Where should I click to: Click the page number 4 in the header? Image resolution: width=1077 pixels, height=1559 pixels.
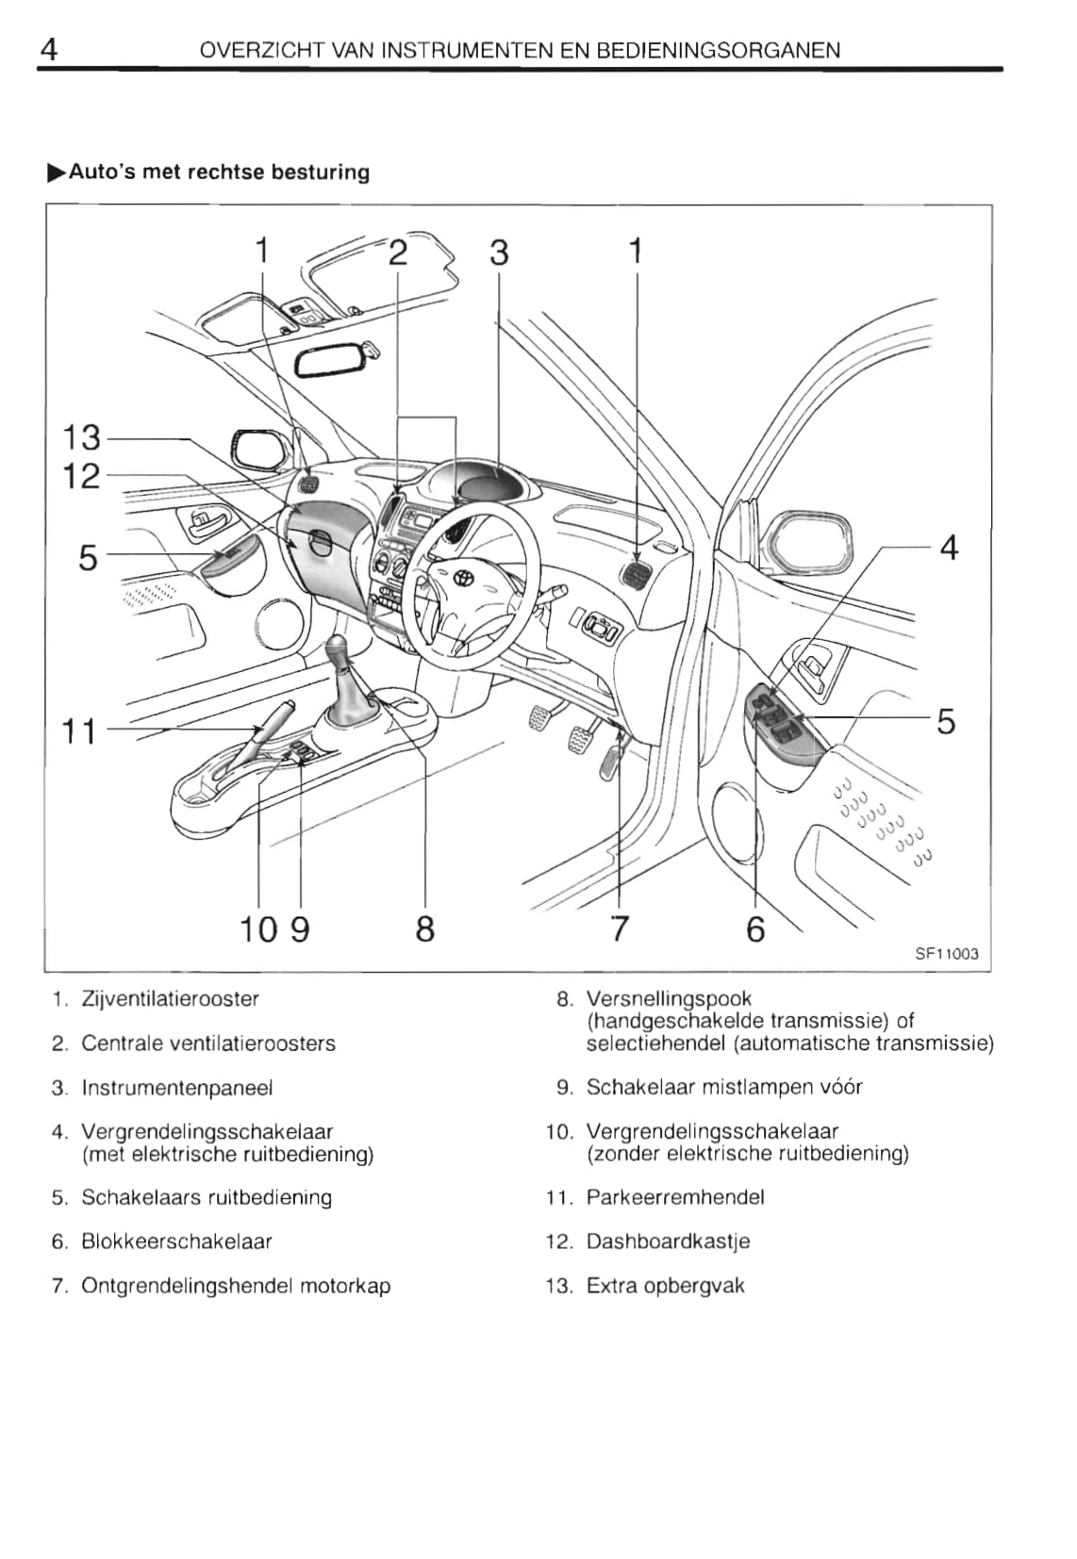pos(50,48)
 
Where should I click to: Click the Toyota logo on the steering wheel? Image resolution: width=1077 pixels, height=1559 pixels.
pos(462,577)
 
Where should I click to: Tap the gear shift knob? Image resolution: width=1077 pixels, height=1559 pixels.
pos(341,652)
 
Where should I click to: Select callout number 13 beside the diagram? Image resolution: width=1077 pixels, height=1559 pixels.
pos(81,438)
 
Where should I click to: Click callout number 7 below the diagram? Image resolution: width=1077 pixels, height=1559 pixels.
pos(619,928)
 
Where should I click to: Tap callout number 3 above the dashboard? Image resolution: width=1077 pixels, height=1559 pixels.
pos(499,253)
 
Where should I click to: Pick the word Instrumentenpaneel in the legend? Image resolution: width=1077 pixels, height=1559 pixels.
pos(177,1088)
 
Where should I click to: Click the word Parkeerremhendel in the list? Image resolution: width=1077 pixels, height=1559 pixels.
pos(675,1197)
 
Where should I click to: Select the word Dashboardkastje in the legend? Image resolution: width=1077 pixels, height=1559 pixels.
pos(668,1241)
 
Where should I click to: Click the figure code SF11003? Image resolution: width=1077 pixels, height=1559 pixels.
pos(947,954)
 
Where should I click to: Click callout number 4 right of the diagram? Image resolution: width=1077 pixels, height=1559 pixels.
pos(949,548)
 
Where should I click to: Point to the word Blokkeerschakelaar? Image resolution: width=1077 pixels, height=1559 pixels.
pos(176,1241)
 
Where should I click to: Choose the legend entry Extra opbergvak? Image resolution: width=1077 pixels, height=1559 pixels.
pos(665,1286)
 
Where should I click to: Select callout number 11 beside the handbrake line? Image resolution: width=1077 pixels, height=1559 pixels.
pos(79,730)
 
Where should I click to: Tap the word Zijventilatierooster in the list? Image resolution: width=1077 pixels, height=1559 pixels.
pos(170,998)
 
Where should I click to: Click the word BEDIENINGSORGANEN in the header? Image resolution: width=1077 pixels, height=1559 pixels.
pos(724,50)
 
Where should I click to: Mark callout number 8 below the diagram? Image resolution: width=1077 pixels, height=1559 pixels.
pos(425,928)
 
